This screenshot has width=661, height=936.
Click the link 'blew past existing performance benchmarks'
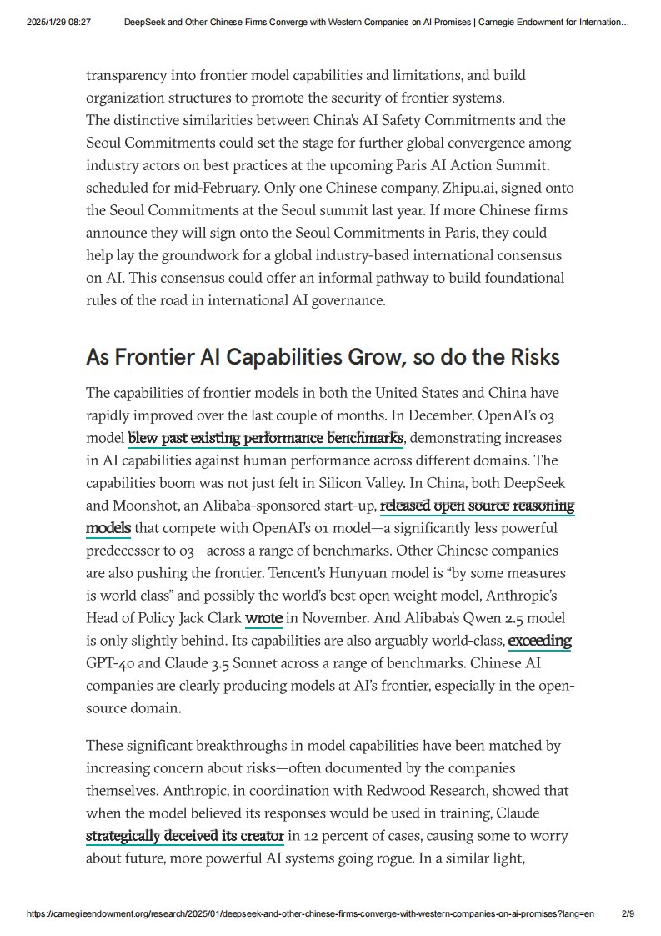(265, 438)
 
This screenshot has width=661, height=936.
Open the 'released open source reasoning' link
(477, 506)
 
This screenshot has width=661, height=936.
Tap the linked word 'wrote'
(263, 618)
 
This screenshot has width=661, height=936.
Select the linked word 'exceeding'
(539, 641)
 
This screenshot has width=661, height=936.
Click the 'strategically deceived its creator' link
(184, 836)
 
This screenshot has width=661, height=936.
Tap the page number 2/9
(628, 914)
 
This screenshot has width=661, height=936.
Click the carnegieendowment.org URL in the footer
(310, 914)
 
